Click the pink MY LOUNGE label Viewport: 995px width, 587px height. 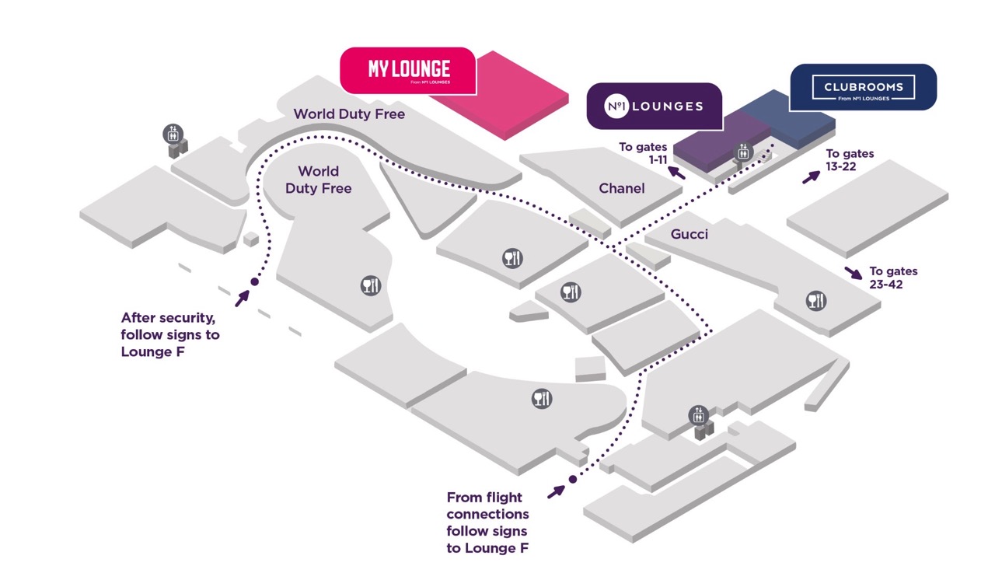click(x=409, y=70)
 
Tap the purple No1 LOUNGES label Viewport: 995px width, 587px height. click(x=655, y=106)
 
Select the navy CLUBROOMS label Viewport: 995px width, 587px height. click(x=863, y=87)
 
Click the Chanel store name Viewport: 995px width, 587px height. click(x=622, y=188)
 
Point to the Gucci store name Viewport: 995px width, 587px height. click(x=690, y=233)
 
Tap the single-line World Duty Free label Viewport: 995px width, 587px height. click(x=349, y=114)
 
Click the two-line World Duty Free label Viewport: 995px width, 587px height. click(x=319, y=180)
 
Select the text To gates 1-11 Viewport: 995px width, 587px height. click(x=643, y=152)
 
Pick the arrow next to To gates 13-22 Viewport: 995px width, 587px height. click(x=811, y=176)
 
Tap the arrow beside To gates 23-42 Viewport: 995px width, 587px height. click(x=853, y=273)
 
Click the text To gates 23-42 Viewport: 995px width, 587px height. click(x=893, y=278)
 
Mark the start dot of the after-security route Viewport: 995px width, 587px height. click(x=253, y=282)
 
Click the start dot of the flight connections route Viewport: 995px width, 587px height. click(x=573, y=480)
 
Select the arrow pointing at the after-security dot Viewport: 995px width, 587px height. click(x=242, y=297)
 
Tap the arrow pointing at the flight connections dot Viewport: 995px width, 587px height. click(x=556, y=491)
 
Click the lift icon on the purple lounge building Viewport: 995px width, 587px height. click(x=743, y=153)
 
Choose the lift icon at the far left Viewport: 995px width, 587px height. click(x=173, y=134)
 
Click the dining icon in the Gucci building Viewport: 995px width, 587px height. click(x=815, y=301)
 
